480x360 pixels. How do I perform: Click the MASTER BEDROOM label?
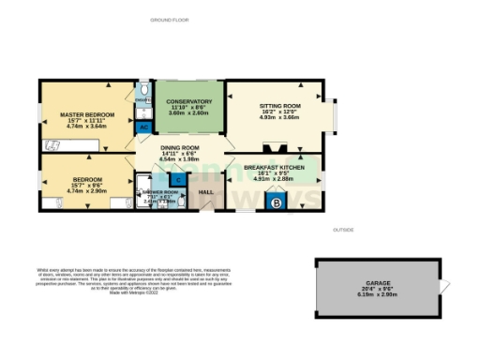(x=82, y=114)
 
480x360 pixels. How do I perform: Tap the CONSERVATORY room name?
(x=187, y=100)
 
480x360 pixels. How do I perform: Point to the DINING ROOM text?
(x=178, y=148)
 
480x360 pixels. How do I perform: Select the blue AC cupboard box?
(x=144, y=127)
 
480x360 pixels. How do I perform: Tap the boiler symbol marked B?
(x=276, y=201)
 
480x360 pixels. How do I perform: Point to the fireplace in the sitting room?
(x=275, y=146)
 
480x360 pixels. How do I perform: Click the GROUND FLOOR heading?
(x=170, y=19)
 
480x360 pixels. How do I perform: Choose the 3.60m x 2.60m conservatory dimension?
(x=187, y=112)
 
